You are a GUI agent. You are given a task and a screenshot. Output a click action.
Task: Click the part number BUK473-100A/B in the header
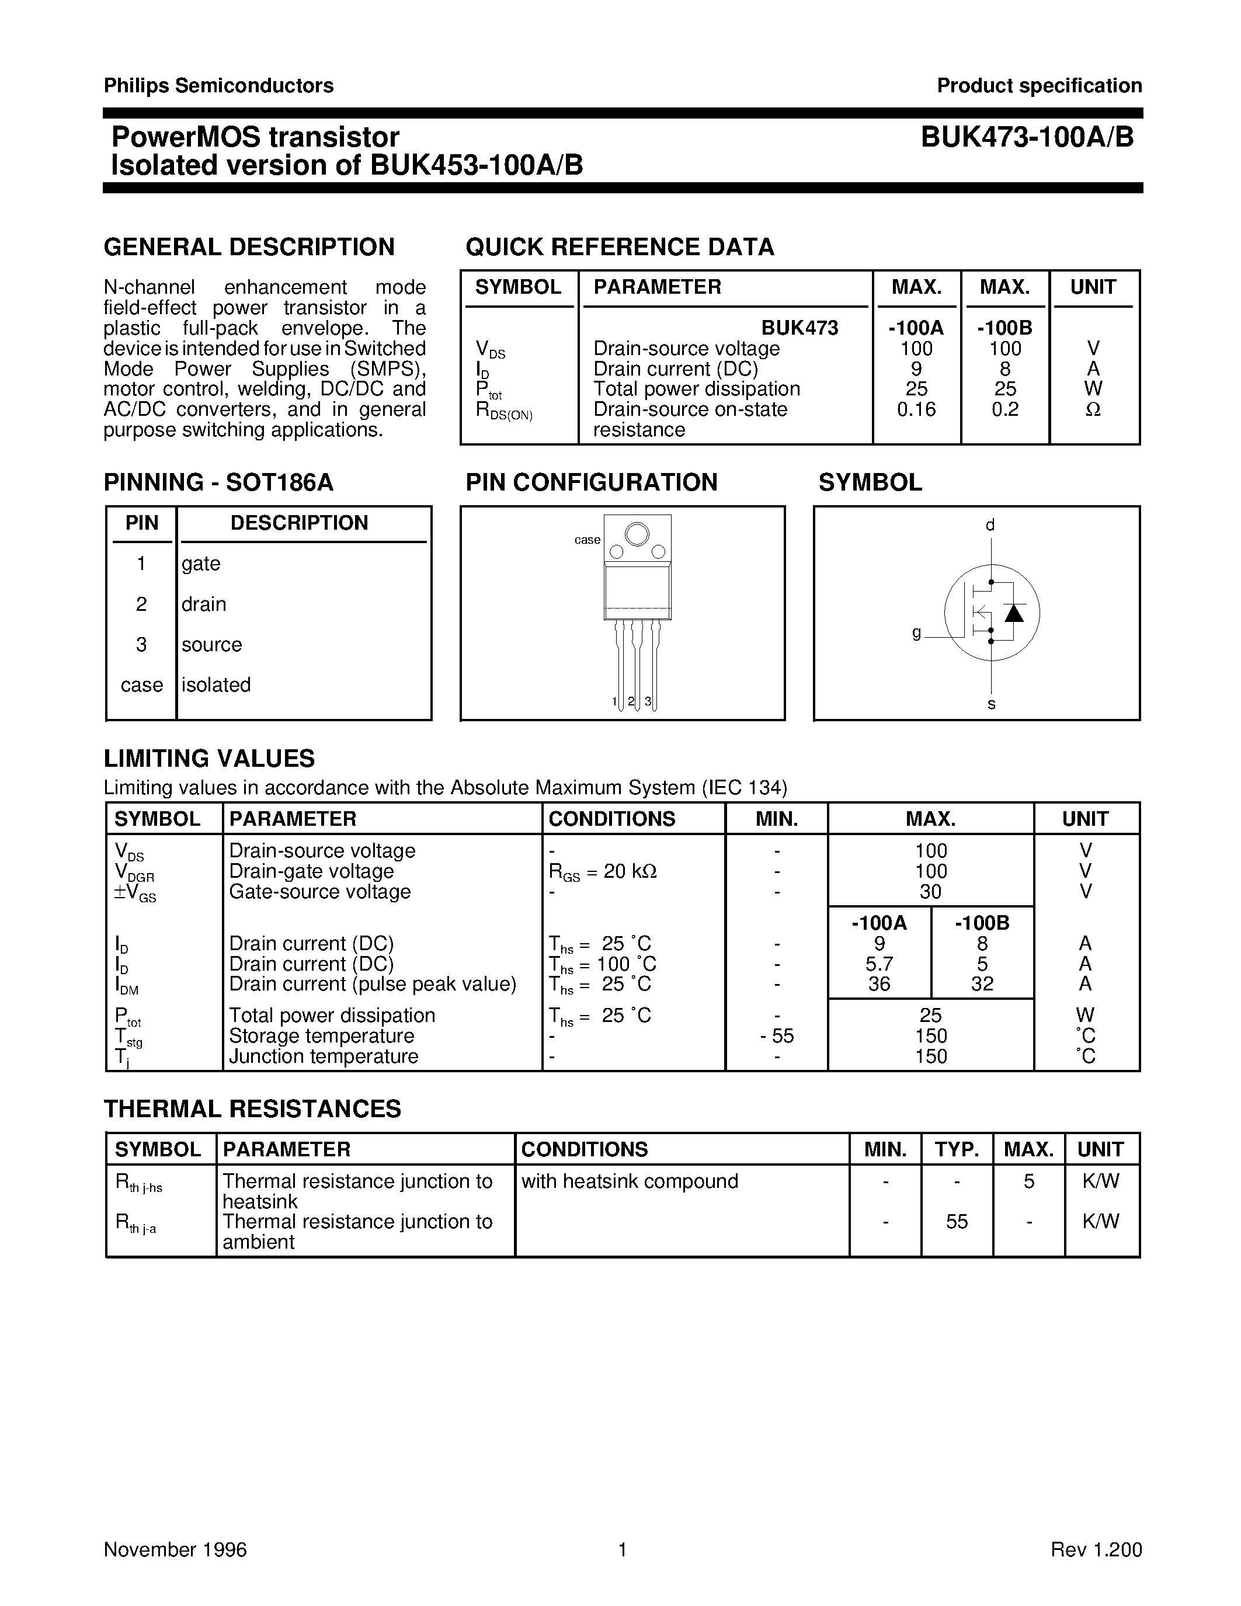pyautogui.click(x=1027, y=137)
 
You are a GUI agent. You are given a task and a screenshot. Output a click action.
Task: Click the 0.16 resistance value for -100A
pyautogui.click(x=916, y=409)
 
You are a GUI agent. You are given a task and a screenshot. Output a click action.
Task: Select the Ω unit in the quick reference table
pyautogui.click(x=1093, y=409)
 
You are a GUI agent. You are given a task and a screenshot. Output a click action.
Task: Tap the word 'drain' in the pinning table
pyautogui.click(x=204, y=604)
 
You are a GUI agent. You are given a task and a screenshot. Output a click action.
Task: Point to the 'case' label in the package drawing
pyautogui.click(x=587, y=540)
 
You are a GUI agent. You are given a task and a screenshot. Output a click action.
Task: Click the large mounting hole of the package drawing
pyautogui.click(x=637, y=533)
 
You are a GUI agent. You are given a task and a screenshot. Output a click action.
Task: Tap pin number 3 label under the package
pyautogui.click(x=648, y=701)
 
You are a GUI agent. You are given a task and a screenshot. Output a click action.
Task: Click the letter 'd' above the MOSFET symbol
pyautogui.click(x=990, y=525)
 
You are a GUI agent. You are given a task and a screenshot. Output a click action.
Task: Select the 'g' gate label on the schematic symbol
pyautogui.click(x=916, y=632)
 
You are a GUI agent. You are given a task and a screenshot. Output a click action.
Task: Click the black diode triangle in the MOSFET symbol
pyautogui.click(x=1014, y=613)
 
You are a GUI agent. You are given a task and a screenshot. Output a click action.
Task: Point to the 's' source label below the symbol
pyautogui.click(x=991, y=704)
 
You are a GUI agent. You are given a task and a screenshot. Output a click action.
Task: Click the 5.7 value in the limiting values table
pyautogui.click(x=880, y=964)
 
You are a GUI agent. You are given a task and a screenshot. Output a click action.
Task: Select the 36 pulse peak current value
pyautogui.click(x=880, y=984)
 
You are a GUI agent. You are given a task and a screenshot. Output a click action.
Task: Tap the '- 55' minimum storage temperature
pyautogui.click(x=777, y=1035)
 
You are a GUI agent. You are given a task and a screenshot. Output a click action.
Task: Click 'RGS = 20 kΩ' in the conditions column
pyautogui.click(x=603, y=871)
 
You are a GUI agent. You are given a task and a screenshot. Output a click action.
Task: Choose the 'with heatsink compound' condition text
pyautogui.click(x=630, y=1181)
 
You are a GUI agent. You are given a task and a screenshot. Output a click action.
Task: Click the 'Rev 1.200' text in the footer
pyautogui.click(x=1096, y=1549)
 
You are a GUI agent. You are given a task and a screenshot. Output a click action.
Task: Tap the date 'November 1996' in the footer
pyautogui.click(x=175, y=1549)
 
